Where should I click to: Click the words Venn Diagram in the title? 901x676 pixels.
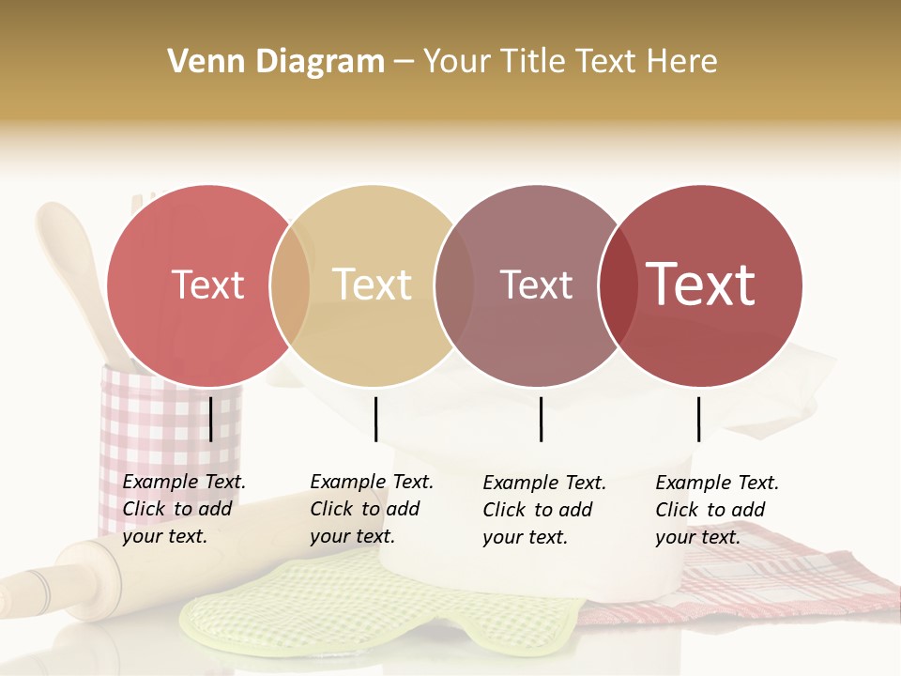(276, 62)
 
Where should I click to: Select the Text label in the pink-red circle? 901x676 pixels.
(208, 285)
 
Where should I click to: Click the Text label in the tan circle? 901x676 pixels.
(373, 285)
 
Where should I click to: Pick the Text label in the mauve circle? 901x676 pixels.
(536, 285)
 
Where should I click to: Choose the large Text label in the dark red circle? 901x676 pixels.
(701, 284)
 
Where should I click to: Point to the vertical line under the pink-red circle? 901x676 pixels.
(211, 419)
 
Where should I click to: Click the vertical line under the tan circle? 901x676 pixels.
(375, 419)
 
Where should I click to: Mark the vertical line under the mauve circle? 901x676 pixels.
(541, 419)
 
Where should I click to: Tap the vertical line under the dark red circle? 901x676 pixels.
(698, 419)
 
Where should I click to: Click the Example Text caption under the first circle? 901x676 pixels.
(184, 509)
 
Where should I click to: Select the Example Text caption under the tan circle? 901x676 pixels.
(372, 509)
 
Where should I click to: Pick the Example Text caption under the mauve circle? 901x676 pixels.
(544, 510)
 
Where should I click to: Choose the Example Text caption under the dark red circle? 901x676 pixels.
(717, 510)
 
